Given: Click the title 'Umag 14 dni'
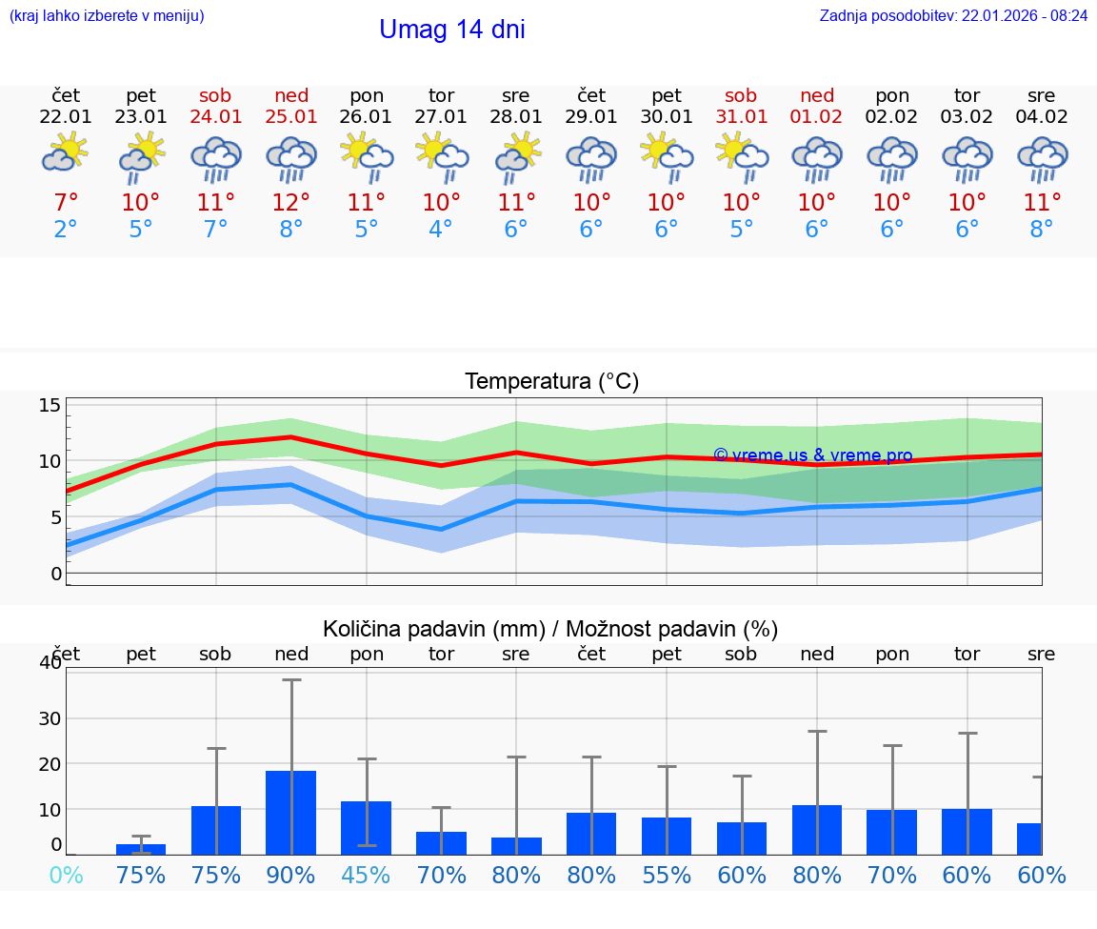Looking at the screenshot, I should coord(451,30).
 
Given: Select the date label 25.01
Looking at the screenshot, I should coord(291,117).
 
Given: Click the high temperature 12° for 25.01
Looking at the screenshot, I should coord(291,202).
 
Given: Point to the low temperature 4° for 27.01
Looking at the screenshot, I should coord(441,229).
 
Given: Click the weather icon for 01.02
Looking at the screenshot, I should coord(816,158).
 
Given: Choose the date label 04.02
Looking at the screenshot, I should coord(1042,117).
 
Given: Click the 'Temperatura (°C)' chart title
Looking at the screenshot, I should coord(551,382).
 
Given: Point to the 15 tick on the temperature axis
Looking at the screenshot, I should coord(50,406).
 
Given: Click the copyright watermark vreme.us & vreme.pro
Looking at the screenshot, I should coord(812,455).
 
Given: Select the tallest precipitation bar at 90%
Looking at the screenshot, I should coord(290,812).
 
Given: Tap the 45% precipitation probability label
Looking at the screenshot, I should coord(366,875).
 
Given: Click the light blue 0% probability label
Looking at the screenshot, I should coord(66,875).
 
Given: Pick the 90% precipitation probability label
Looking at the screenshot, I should coord(290,875).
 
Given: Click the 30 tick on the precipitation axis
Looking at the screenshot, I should coord(50,718).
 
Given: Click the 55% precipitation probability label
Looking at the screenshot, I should coord(667,875).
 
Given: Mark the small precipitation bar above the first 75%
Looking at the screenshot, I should coord(141,848).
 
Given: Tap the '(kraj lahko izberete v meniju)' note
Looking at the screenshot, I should coord(107,15).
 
